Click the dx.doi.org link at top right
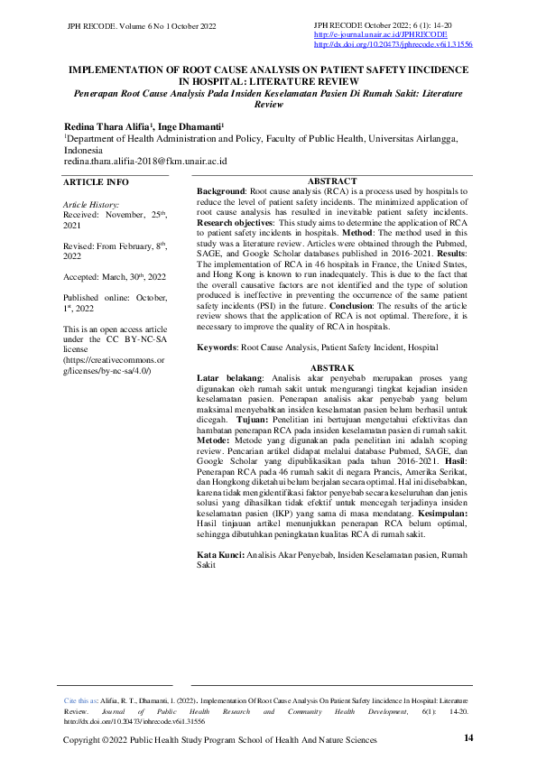pyautogui.click(x=393, y=43)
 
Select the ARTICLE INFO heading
pyautogui.click(x=96, y=182)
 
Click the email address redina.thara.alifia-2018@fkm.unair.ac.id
pyautogui.click(x=144, y=161)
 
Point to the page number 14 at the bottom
pyautogui.click(x=468, y=738)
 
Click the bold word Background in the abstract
pyautogui.click(x=220, y=192)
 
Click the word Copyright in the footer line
pyautogui.click(x=83, y=739)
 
